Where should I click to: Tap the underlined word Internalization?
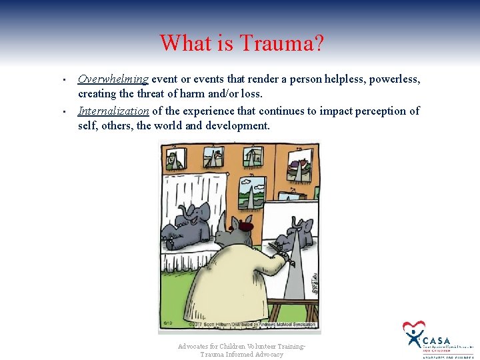click(113, 111)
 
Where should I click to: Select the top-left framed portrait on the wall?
click(175, 159)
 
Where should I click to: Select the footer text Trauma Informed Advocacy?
click(241, 355)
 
